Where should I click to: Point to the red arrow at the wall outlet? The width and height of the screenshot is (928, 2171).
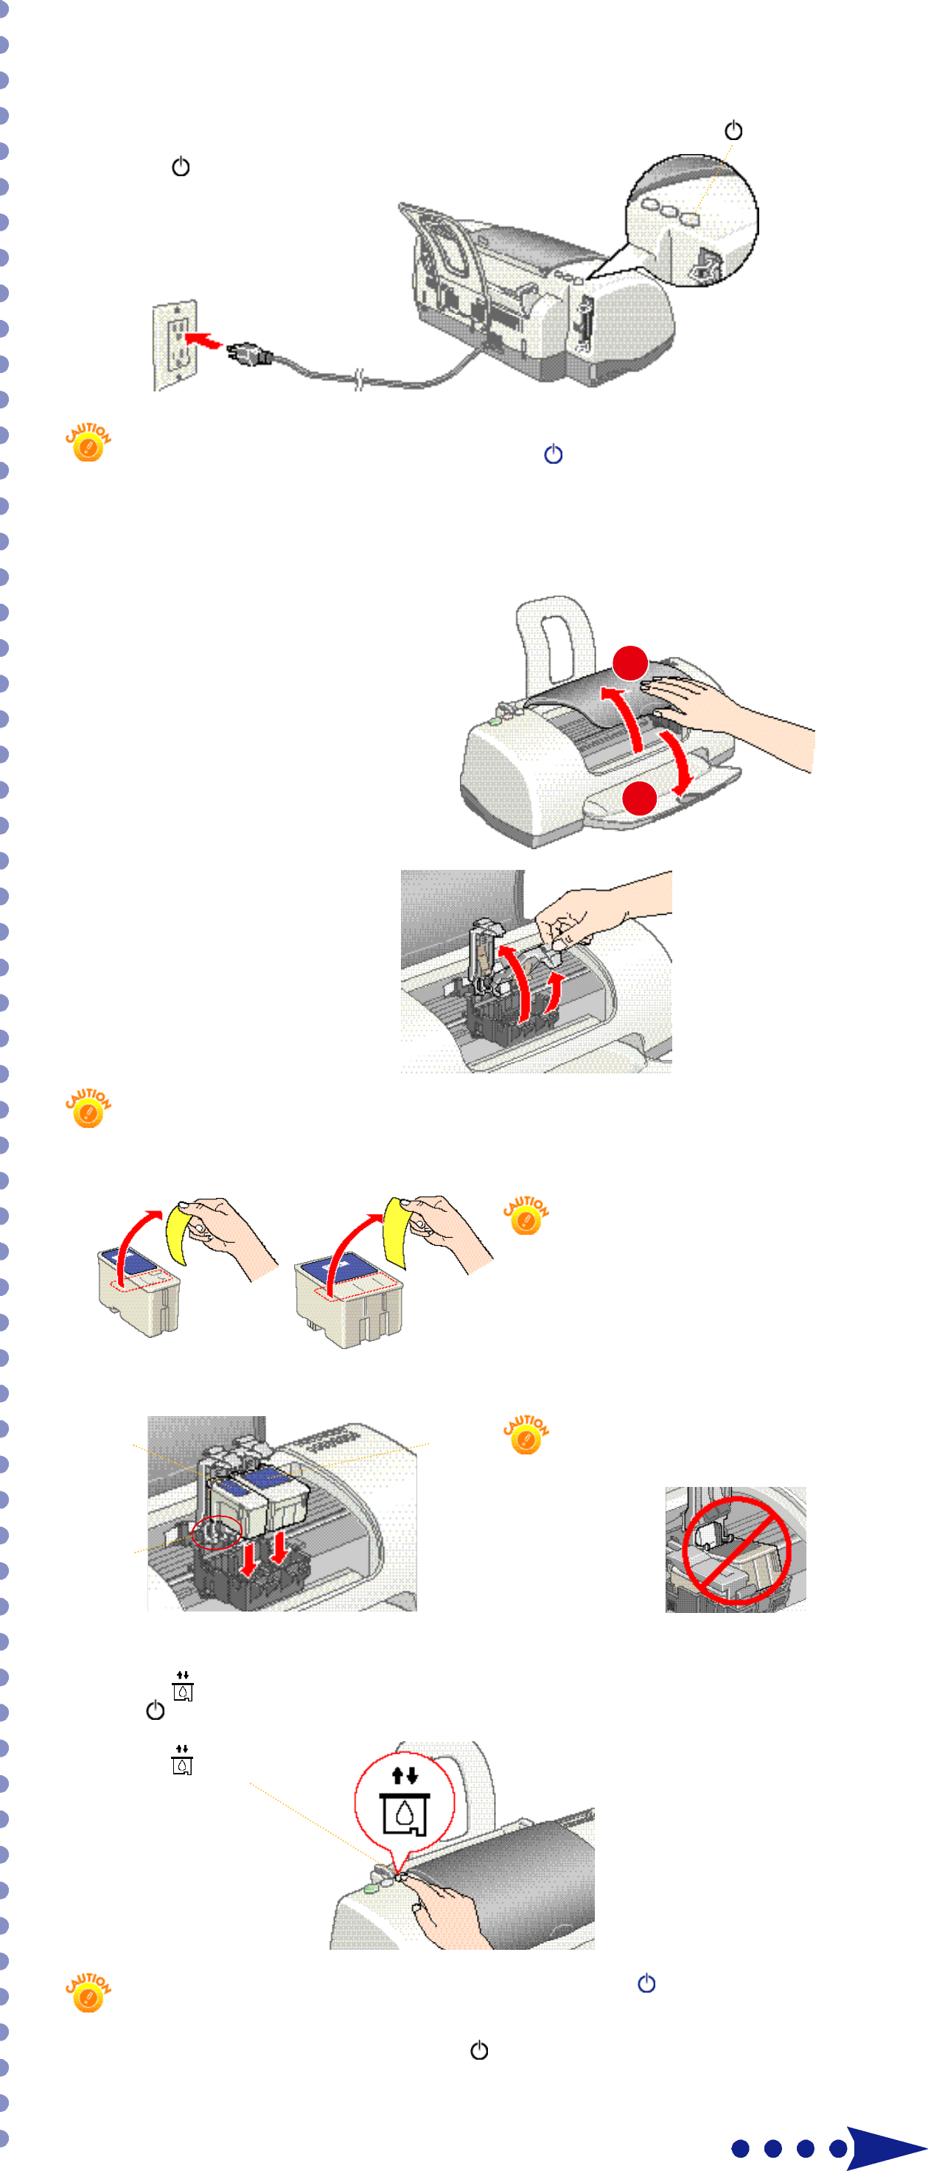[x=202, y=340]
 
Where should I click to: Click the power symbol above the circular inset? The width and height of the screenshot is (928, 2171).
[x=733, y=130]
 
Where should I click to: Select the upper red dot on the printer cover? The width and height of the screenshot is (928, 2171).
[x=629, y=663]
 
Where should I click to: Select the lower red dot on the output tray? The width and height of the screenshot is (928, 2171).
[x=640, y=798]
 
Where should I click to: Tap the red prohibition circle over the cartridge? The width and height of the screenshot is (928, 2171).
[x=736, y=1551]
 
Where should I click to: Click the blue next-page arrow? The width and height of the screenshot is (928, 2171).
[x=885, y=2147]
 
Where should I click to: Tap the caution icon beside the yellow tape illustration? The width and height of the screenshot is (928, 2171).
[x=526, y=1216]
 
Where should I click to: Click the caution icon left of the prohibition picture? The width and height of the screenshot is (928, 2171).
[x=526, y=1435]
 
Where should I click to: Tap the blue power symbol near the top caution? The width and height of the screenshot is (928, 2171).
[x=553, y=454]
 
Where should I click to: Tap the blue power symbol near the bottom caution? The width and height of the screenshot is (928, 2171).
[x=646, y=1983]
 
